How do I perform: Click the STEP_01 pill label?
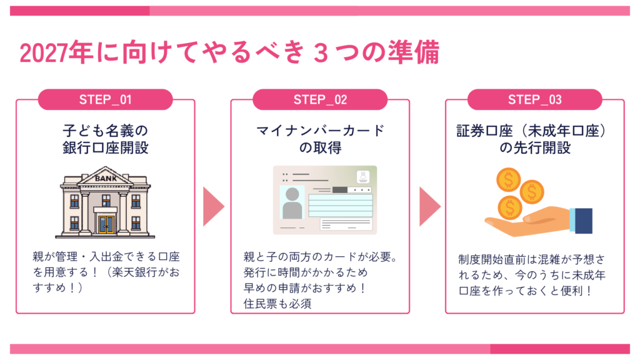pyautogui.click(x=105, y=99)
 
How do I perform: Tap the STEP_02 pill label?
pyautogui.click(x=320, y=99)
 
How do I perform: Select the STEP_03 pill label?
pyautogui.click(x=535, y=99)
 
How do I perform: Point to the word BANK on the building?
pyautogui.click(x=106, y=178)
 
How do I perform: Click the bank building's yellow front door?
pyautogui.click(x=106, y=224)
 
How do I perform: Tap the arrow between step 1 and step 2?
pyautogui.click(x=214, y=206)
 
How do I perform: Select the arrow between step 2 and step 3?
pyautogui.click(x=430, y=206)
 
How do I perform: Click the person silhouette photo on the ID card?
pyautogui.click(x=292, y=203)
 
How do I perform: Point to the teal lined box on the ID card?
pyautogui.click(x=341, y=205)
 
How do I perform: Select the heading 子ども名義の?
pyautogui.click(x=105, y=131)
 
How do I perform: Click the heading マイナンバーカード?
pyautogui.click(x=320, y=131)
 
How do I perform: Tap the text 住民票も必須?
pyautogui.click(x=277, y=304)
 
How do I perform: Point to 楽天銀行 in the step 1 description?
pyautogui.click(x=135, y=272)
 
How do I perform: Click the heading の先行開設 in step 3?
pyautogui.click(x=535, y=147)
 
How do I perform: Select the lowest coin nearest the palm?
pyautogui.click(x=510, y=207)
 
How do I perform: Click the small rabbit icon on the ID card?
pyautogui.click(x=363, y=176)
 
